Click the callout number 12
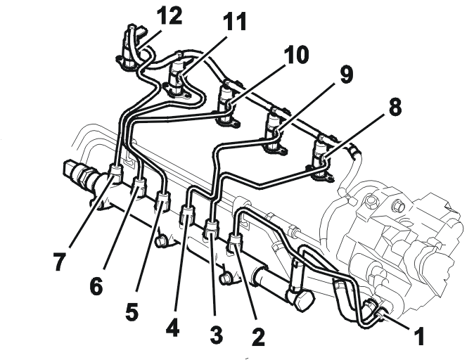171,15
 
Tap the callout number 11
234,22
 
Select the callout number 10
296,55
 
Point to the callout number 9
347,75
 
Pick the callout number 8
395,106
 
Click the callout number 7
59,262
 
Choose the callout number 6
96,286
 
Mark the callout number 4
172,328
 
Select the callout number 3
217,335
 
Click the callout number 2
258,337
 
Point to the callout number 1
418,335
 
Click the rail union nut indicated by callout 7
115,172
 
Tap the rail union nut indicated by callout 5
162,200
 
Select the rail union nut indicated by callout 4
188,214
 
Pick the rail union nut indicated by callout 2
236,241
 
